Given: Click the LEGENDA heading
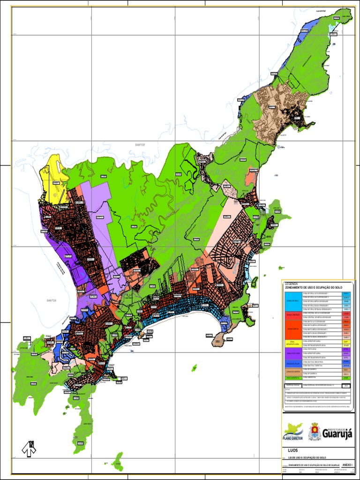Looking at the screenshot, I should tap(291, 284).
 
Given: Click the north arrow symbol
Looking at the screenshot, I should tap(29, 449).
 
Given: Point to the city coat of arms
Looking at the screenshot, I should tap(315, 432).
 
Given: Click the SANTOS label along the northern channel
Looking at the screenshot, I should tap(140, 145).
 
